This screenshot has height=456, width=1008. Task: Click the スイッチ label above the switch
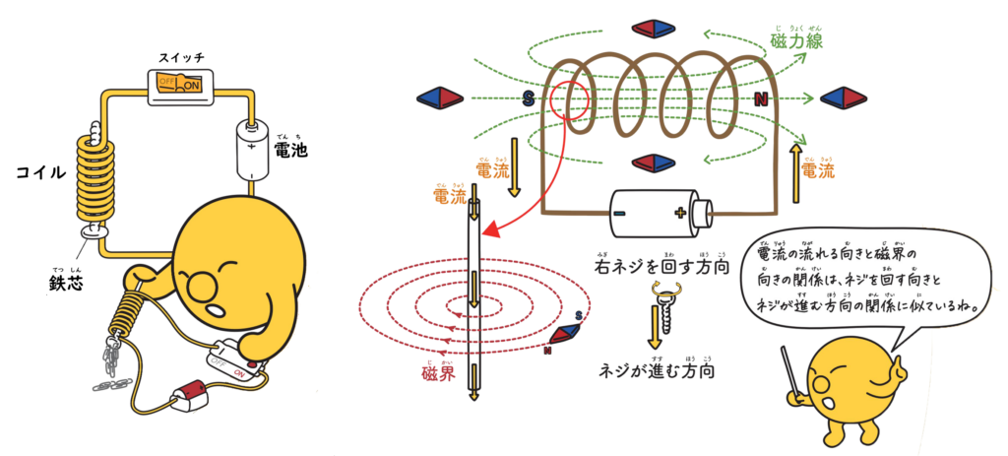(182, 58)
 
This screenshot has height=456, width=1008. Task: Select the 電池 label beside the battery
(290, 151)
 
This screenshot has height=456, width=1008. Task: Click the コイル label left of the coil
(41, 172)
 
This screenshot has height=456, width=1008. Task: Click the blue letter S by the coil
(528, 99)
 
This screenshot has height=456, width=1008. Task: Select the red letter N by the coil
(761, 99)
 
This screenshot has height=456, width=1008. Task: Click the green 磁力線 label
(796, 41)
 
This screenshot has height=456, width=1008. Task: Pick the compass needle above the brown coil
(653, 28)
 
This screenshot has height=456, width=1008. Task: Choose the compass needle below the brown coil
(653, 163)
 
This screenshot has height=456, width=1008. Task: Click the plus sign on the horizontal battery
(679, 213)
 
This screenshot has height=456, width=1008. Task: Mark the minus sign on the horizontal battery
(621, 213)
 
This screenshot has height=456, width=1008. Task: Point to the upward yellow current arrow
(794, 173)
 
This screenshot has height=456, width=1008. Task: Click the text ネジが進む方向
(657, 371)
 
